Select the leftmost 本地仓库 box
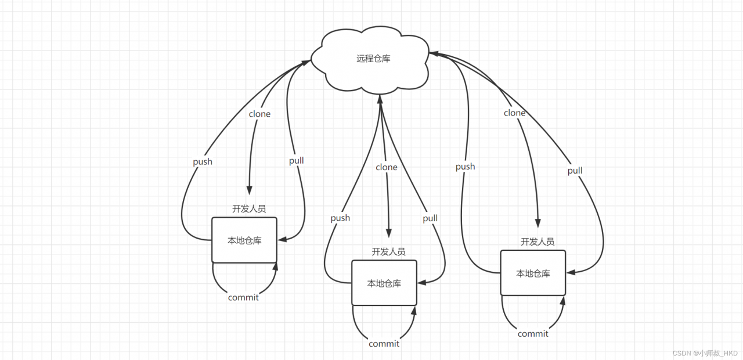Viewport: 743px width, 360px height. (x=244, y=240)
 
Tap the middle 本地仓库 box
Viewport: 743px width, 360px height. (x=384, y=283)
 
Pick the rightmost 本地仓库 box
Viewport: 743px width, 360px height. (x=533, y=273)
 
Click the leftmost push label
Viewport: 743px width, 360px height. (x=203, y=162)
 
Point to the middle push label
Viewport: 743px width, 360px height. (x=340, y=218)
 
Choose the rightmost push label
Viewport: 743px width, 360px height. (x=465, y=167)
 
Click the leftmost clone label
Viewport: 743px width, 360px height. (x=259, y=114)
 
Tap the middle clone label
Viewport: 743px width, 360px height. (x=387, y=167)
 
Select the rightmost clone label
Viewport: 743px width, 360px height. (x=514, y=113)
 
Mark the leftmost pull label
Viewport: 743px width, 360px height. (x=296, y=160)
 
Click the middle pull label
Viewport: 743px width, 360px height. (x=430, y=218)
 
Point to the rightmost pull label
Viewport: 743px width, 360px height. (x=575, y=171)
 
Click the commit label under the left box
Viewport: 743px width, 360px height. (x=243, y=297)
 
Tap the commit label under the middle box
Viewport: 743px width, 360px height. (x=384, y=344)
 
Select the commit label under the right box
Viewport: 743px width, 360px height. (x=533, y=333)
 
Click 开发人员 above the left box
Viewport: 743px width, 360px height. (x=249, y=208)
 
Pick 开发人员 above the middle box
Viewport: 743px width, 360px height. (x=388, y=251)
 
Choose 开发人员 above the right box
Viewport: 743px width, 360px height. (x=537, y=242)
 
